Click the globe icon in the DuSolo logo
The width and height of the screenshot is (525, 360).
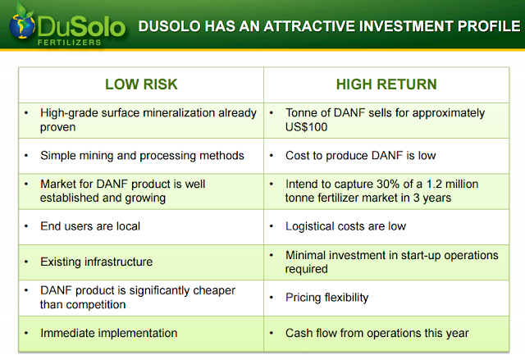point(22,25)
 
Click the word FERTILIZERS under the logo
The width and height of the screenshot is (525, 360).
point(69,43)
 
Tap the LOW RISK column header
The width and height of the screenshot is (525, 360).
point(141,84)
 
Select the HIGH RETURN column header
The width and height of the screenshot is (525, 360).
point(386,84)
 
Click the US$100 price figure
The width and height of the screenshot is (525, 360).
point(306,127)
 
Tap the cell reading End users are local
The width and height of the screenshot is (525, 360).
point(141,227)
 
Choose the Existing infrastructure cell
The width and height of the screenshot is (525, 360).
point(141,262)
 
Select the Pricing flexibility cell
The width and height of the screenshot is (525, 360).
point(386,298)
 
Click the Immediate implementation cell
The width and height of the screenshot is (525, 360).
point(141,334)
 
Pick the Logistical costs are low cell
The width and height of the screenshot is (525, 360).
point(386,227)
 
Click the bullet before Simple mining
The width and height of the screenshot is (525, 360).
point(26,156)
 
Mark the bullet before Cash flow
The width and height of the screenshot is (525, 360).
point(272,333)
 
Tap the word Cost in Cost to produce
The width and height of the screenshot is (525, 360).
point(298,156)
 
